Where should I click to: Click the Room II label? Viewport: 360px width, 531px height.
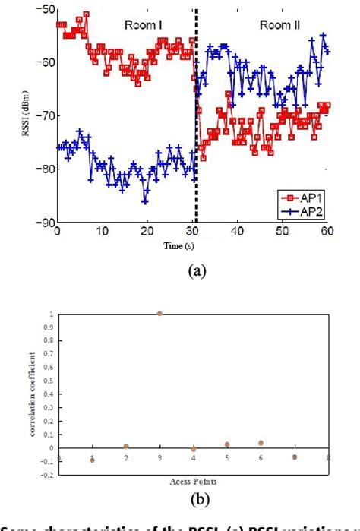pos(280,24)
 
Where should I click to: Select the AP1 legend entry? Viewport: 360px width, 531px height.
pos(308,195)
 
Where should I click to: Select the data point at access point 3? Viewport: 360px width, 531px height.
pos(159,313)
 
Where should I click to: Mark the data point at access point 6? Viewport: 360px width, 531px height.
pos(261,442)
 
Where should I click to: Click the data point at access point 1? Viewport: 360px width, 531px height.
pos(92,460)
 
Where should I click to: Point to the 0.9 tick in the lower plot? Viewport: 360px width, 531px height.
pos(51,327)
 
